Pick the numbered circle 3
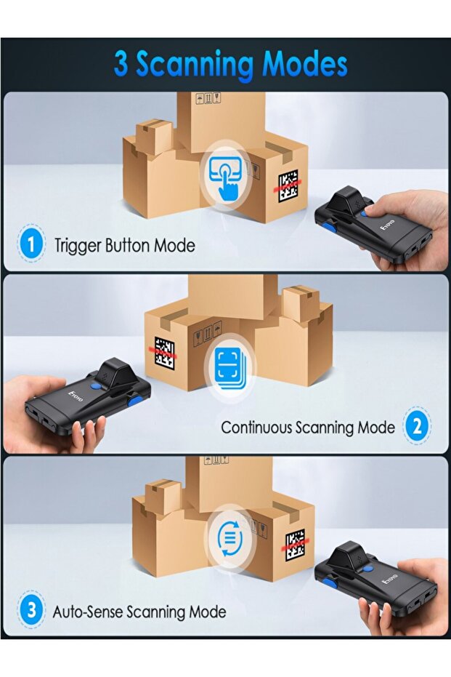[x=31, y=611]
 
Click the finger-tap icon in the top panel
[x=226, y=176]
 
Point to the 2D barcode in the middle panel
[x=165, y=353]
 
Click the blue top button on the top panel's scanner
[x=366, y=212]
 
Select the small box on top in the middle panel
[x=301, y=304]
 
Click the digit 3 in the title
[x=121, y=65]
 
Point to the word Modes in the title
[x=305, y=64]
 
